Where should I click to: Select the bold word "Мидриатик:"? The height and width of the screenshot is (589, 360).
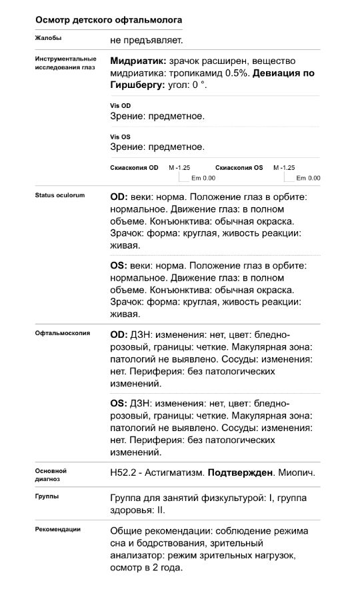pyautogui.click(x=138, y=60)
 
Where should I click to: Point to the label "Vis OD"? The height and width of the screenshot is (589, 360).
pyautogui.click(x=120, y=106)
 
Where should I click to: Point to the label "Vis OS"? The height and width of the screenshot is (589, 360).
pyautogui.click(x=120, y=137)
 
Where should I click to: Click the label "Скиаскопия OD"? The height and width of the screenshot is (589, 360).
pyautogui.click(x=134, y=168)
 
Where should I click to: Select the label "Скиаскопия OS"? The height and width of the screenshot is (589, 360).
pyautogui.click(x=239, y=168)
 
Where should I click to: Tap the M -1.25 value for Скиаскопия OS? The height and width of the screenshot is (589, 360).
pyautogui.click(x=284, y=168)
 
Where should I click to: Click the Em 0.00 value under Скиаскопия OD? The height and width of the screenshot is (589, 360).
pyautogui.click(x=203, y=178)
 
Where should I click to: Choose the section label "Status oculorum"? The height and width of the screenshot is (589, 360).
pyautogui.click(x=60, y=196)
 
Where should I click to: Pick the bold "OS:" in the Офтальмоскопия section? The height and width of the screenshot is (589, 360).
pyautogui.click(x=119, y=403)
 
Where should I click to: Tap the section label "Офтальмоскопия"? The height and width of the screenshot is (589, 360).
pyautogui.click(x=63, y=332)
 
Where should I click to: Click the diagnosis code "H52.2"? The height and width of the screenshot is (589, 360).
pyautogui.click(x=122, y=472)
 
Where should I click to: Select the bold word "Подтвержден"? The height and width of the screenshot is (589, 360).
pyautogui.click(x=241, y=472)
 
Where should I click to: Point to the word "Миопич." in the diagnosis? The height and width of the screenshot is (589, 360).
pyautogui.click(x=296, y=472)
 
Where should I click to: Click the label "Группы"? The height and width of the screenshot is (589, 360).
pyautogui.click(x=47, y=496)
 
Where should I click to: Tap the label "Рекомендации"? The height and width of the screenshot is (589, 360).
pyautogui.click(x=58, y=529)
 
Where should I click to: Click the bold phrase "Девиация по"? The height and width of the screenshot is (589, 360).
pyautogui.click(x=284, y=73)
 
